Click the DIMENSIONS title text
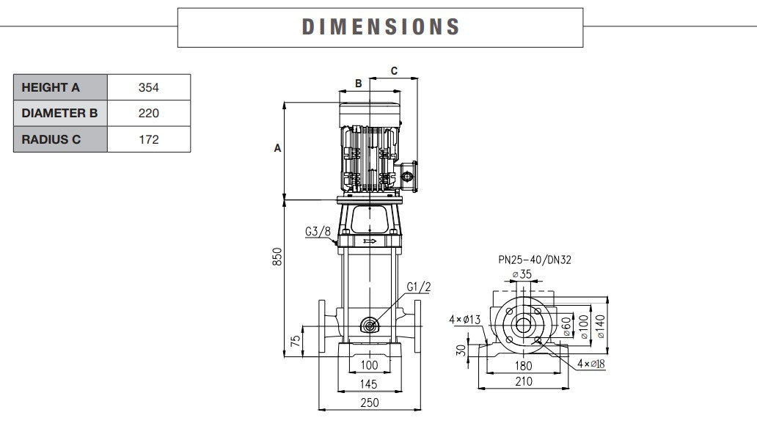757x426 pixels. tap(381, 27)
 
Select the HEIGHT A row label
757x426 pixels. tap(51, 87)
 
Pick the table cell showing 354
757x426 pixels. tap(149, 87)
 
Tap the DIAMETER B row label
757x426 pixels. tap(59, 113)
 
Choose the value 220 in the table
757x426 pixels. tap(149, 113)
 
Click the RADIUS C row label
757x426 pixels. tap(51, 139)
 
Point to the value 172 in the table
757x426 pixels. tap(149, 139)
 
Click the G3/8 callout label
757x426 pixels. tap(318, 232)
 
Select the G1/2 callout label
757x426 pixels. tap(420, 286)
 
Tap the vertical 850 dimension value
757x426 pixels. tap(277, 257)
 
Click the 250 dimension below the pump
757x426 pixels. tap(370, 403)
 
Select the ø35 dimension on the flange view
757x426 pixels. tap(522, 274)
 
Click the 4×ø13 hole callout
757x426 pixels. tap(464, 319)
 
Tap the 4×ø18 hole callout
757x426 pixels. tap(590, 364)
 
